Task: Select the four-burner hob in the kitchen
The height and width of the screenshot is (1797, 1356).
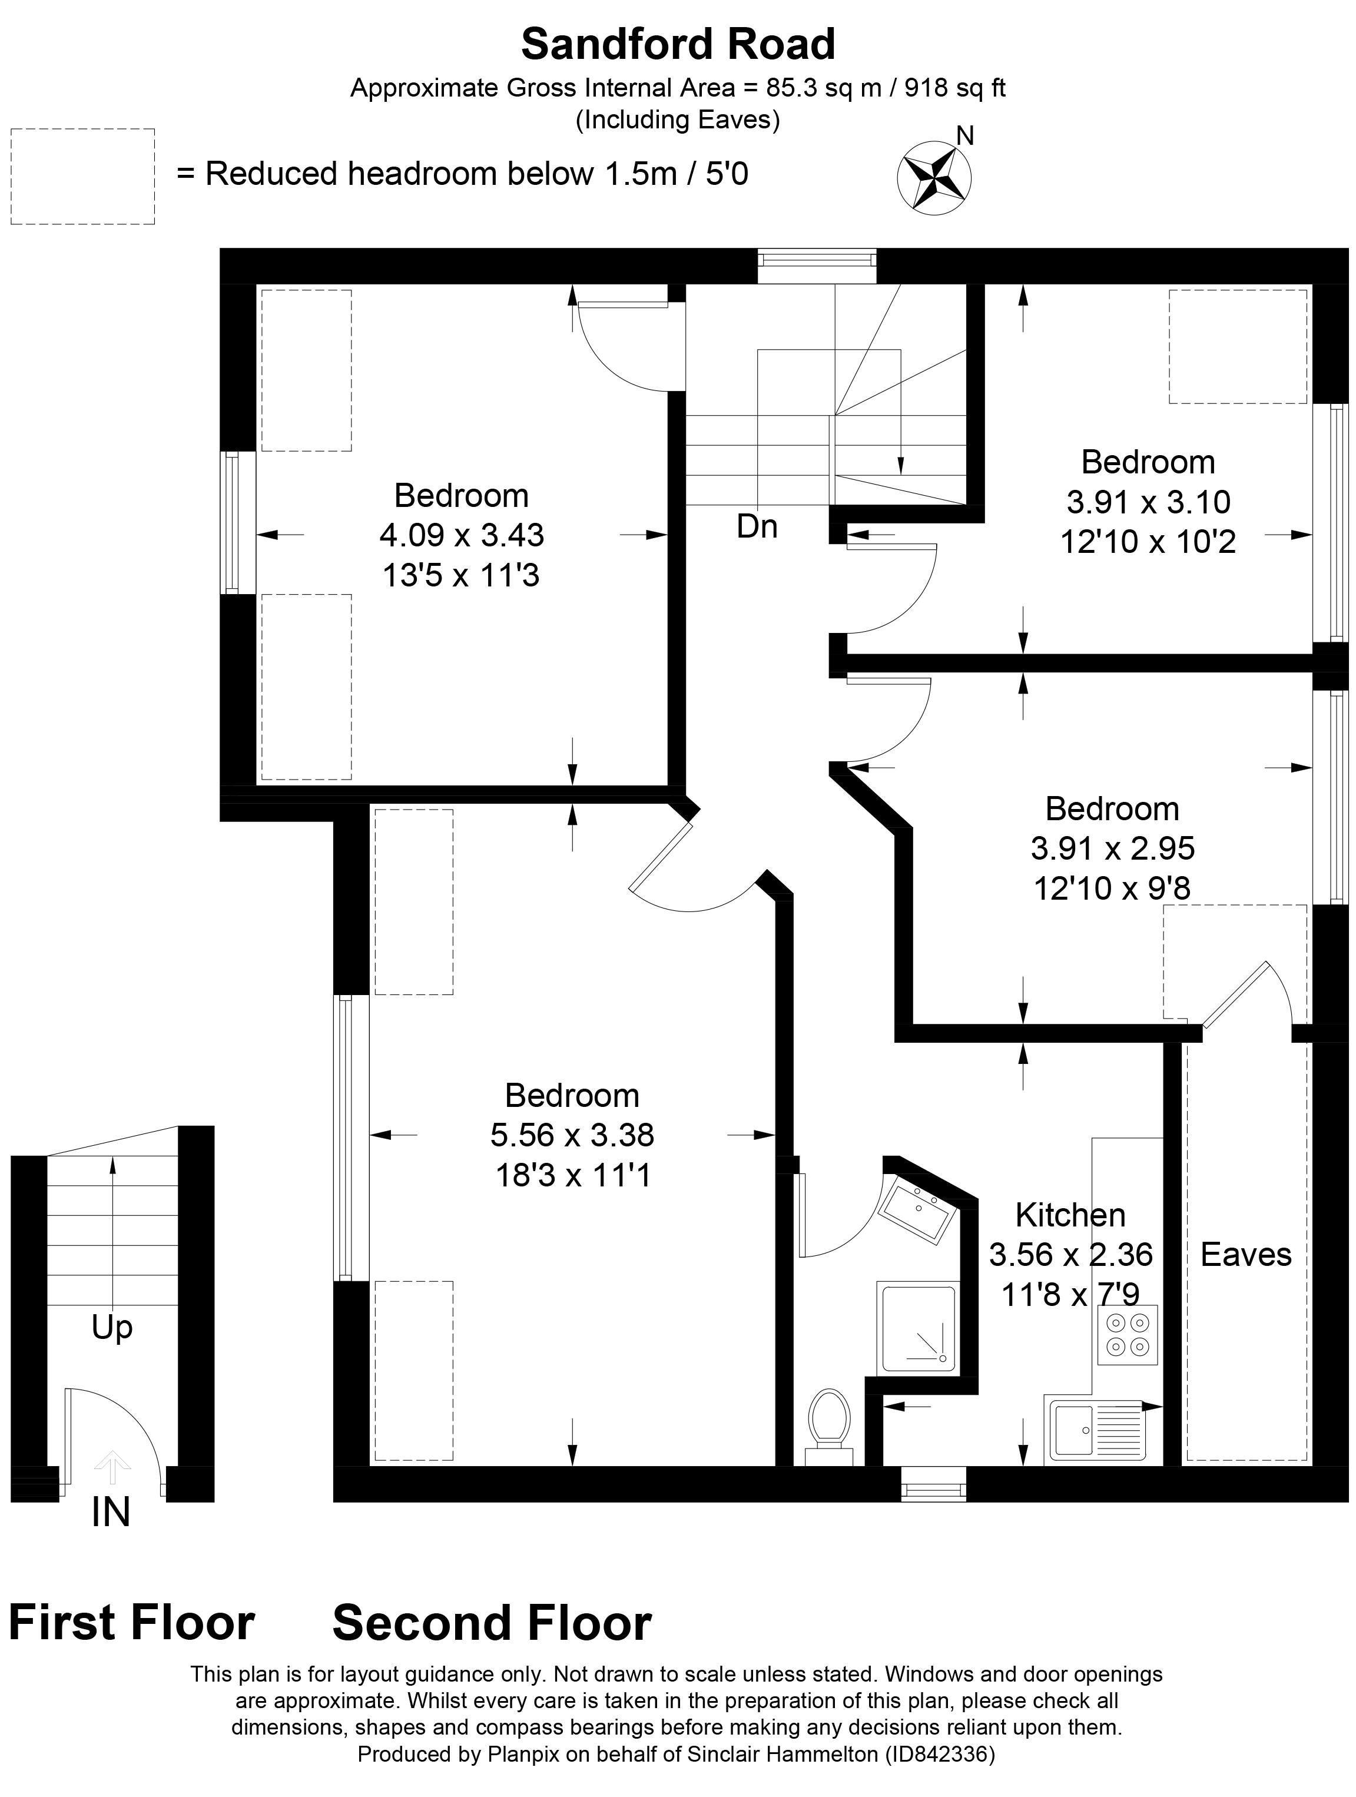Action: (x=1128, y=1335)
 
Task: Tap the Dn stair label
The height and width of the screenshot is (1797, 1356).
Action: (x=757, y=527)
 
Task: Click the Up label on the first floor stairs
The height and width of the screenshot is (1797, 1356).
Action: (x=112, y=1328)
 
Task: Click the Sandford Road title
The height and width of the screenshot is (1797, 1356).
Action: (x=678, y=45)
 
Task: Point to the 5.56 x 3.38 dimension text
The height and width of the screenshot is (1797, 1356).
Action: (x=572, y=1135)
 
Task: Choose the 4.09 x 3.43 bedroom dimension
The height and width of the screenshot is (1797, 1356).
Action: (x=462, y=535)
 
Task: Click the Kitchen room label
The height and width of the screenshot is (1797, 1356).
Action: (x=1070, y=1215)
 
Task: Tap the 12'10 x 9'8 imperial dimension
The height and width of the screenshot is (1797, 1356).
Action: (x=1112, y=888)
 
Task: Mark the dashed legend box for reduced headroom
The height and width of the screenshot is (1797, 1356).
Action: (x=83, y=176)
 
